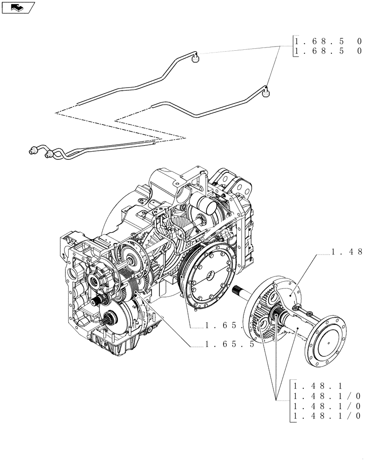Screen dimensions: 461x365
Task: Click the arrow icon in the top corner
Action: [18, 7]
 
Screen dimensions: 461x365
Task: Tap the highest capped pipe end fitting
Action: [195, 59]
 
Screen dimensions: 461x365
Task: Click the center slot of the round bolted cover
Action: [210, 276]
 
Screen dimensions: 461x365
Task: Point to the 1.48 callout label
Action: [346, 252]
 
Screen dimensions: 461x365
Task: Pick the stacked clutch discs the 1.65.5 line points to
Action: [135, 295]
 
